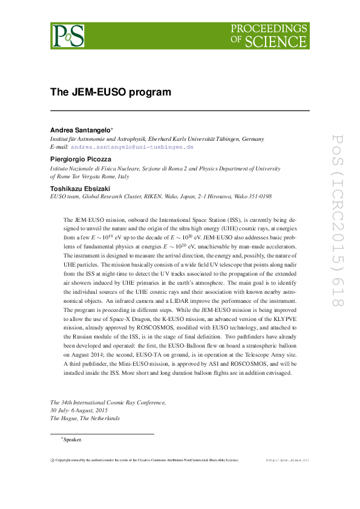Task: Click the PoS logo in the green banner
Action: [x=68, y=36]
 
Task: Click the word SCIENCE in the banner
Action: [x=283, y=41]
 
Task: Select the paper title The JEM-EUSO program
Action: [x=111, y=92]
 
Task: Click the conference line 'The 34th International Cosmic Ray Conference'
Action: [x=108, y=402]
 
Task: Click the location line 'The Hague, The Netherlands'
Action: [x=85, y=418]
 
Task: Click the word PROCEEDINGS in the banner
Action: [x=269, y=29]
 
